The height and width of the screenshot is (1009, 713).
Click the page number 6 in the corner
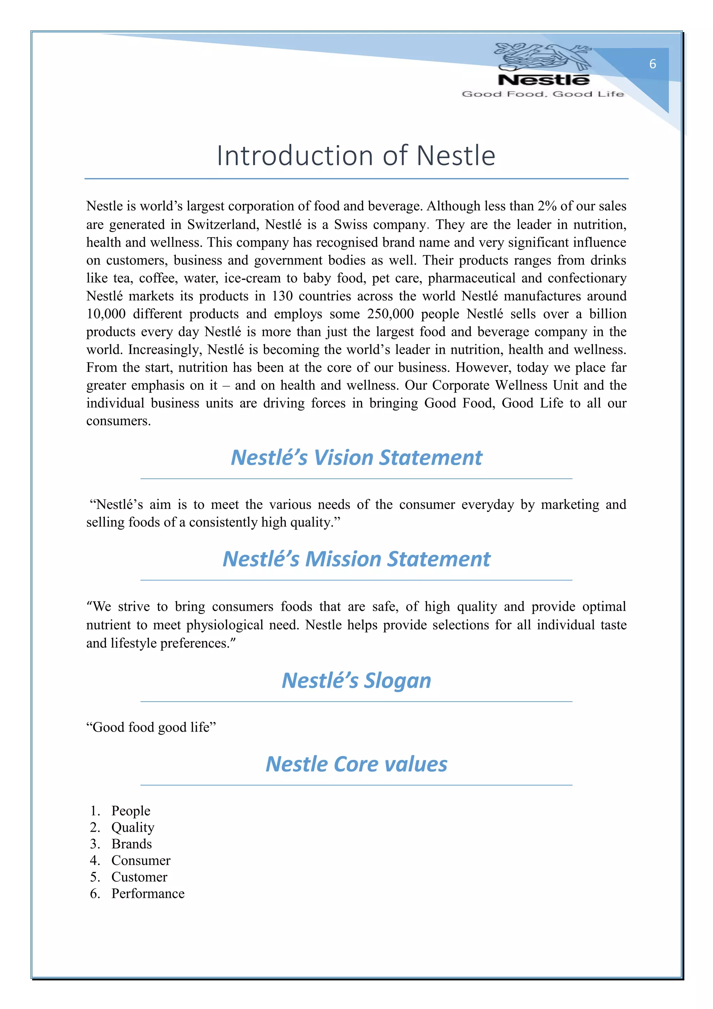652,64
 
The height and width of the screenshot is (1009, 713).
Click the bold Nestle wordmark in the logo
543,80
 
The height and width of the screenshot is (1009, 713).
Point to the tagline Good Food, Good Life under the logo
543,94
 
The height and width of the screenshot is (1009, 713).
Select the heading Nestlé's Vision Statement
356,457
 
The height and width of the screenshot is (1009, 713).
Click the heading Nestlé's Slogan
356,680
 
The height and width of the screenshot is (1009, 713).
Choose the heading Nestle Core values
356,764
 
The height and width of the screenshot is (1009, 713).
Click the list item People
131,810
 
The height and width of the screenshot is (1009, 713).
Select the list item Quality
133,827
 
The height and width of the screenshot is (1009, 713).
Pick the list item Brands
131,844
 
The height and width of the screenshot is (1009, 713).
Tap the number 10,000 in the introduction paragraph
105,314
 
